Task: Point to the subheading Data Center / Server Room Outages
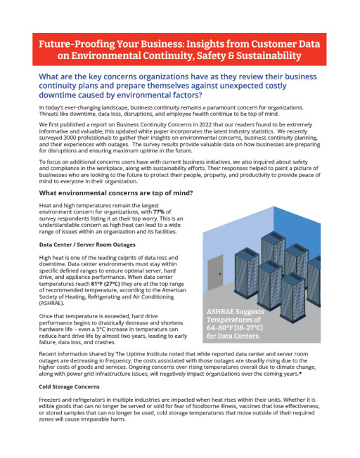pos(87,244)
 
